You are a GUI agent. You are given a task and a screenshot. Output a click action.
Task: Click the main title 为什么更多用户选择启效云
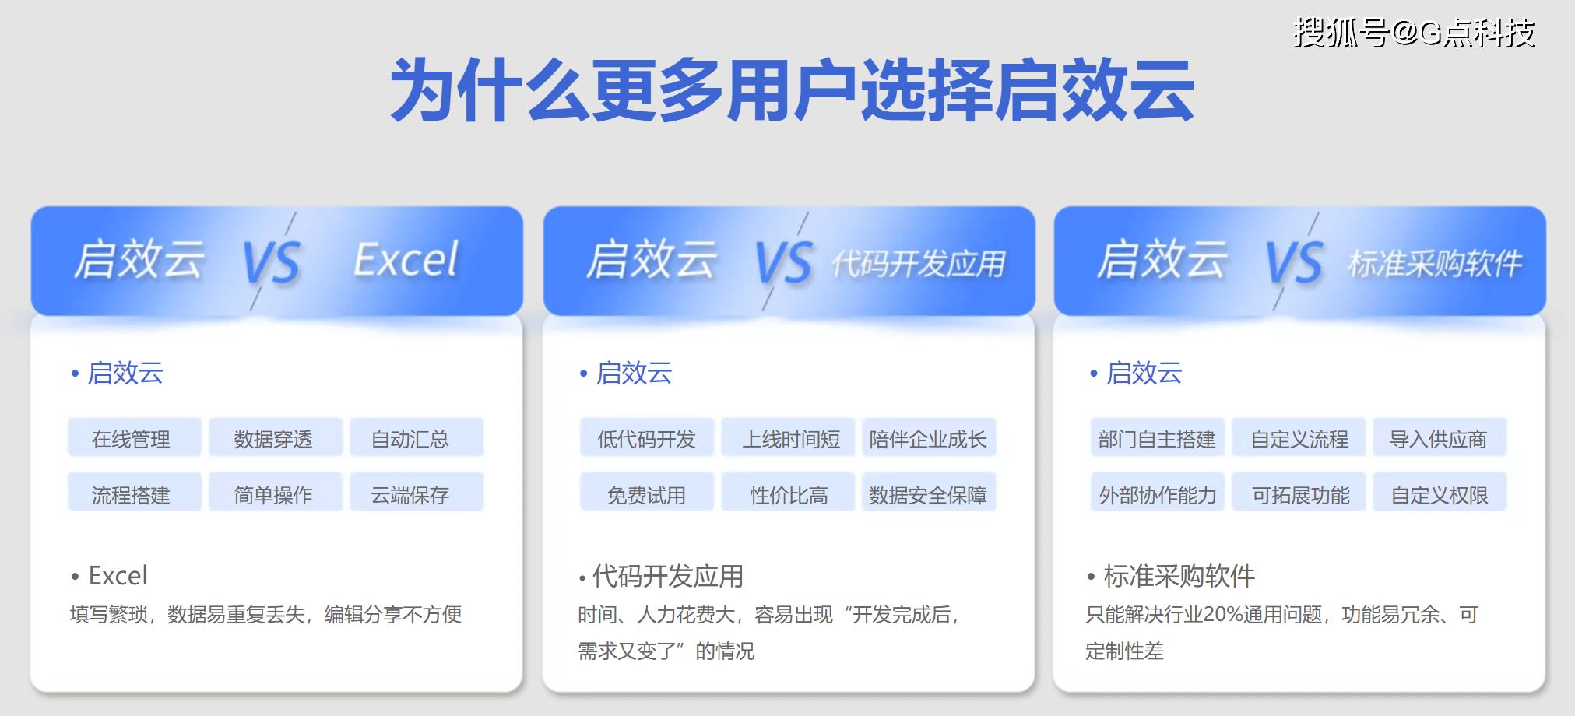(x=792, y=90)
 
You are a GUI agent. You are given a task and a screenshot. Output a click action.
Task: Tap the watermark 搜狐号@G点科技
(x=1414, y=33)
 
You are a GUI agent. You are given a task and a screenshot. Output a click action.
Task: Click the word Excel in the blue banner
(x=406, y=260)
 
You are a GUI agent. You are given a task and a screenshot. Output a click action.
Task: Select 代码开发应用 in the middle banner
(x=919, y=265)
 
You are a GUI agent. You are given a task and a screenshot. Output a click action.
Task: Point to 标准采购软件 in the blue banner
(x=1434, y=265)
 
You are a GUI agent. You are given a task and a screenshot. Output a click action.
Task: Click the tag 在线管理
(x=131, y=439)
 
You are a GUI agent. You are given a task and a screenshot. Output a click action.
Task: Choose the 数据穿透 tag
(x=273, y=439)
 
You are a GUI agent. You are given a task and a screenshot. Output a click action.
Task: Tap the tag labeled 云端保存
(x=410, y=494)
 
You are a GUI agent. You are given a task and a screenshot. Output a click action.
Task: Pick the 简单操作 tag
(x=273, y=494)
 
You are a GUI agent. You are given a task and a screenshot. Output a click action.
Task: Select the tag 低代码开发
(x=646, y=439)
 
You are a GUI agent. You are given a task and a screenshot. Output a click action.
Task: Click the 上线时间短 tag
(x=790, y=439)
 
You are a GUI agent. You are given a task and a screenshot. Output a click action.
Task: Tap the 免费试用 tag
(x=646, y=494)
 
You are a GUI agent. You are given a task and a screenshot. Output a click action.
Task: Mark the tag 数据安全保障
(x=927, y=494)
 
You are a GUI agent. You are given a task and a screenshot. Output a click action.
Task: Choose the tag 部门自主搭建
(x=1157, y=439)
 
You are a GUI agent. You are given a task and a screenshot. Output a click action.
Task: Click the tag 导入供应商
(x=1438, y=439)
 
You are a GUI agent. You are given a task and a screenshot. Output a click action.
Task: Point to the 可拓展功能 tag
(x=1300, y=494)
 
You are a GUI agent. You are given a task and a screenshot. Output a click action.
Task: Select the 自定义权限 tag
(x=1440, y=494)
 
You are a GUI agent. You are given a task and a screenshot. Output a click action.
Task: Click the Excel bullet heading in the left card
(x=118, y=576)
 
